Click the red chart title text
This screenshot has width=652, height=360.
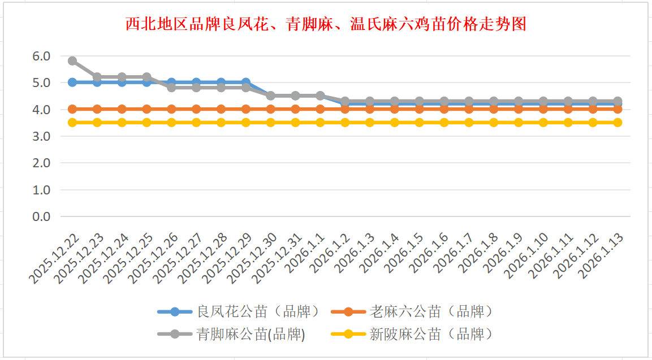click(325, 24)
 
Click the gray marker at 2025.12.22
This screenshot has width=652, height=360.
click(72, 61)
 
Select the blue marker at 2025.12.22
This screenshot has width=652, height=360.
click(72, 82)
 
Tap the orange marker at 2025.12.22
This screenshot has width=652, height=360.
click(72, 109)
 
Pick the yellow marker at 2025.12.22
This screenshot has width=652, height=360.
click(72, 122)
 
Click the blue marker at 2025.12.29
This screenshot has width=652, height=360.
click(246, 82)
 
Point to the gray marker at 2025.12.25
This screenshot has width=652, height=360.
click(146, 77)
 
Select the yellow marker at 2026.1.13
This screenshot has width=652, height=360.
click(618, 122)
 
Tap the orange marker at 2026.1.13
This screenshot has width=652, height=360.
click(618, 109)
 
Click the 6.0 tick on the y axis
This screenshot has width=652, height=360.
click(41, 56)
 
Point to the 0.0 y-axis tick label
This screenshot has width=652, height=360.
click(41, 216)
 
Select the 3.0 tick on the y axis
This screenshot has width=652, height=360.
click(41, 136)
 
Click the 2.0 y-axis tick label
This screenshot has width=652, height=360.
click(41, 163)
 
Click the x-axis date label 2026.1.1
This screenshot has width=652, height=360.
click(306, 253)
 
